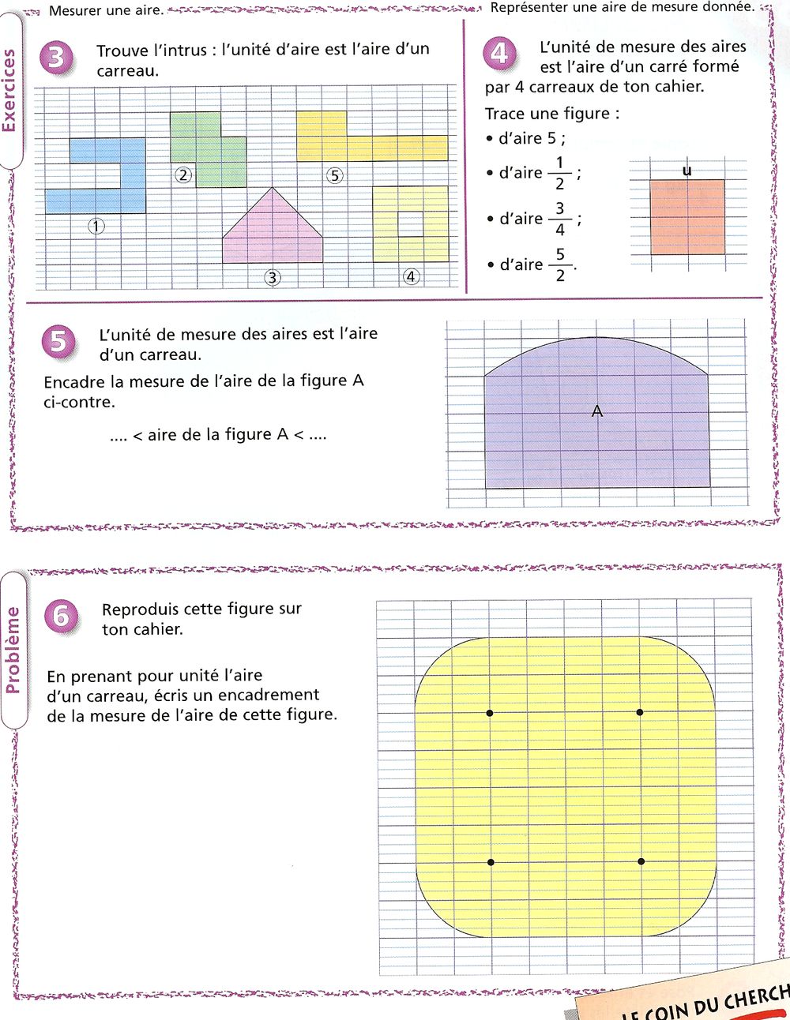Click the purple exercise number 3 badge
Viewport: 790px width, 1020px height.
click(x=57, y=58)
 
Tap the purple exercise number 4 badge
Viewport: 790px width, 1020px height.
click(x=499, y=53)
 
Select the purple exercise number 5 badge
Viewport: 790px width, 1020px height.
click(x=58, y=342)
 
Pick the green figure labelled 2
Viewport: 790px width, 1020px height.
click(x=207, y=149)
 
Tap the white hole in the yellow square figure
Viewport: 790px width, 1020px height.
click(x=410, y=223)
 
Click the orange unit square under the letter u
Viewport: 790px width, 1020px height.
click(x=687, y=216)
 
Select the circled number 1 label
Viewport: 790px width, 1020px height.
click(x=96, y=227)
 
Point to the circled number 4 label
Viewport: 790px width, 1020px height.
click(x=411, y=276)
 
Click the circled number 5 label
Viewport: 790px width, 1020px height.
click(x=335, y=175)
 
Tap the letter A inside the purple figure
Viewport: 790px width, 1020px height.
click(x=597, y=411)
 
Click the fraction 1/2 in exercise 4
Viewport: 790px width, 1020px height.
click(x=559, y=173)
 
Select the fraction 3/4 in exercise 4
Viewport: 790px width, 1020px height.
click(x=559, y=219)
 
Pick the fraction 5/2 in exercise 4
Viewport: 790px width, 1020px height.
click(x=560, y=265)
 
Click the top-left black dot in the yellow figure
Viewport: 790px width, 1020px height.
click(x=490, y=713)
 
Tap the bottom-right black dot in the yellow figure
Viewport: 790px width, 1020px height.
click(x=641, y=861)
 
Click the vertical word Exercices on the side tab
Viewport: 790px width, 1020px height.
click(x=10, y=91)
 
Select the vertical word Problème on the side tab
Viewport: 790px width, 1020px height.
click(x=13, y=651)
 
